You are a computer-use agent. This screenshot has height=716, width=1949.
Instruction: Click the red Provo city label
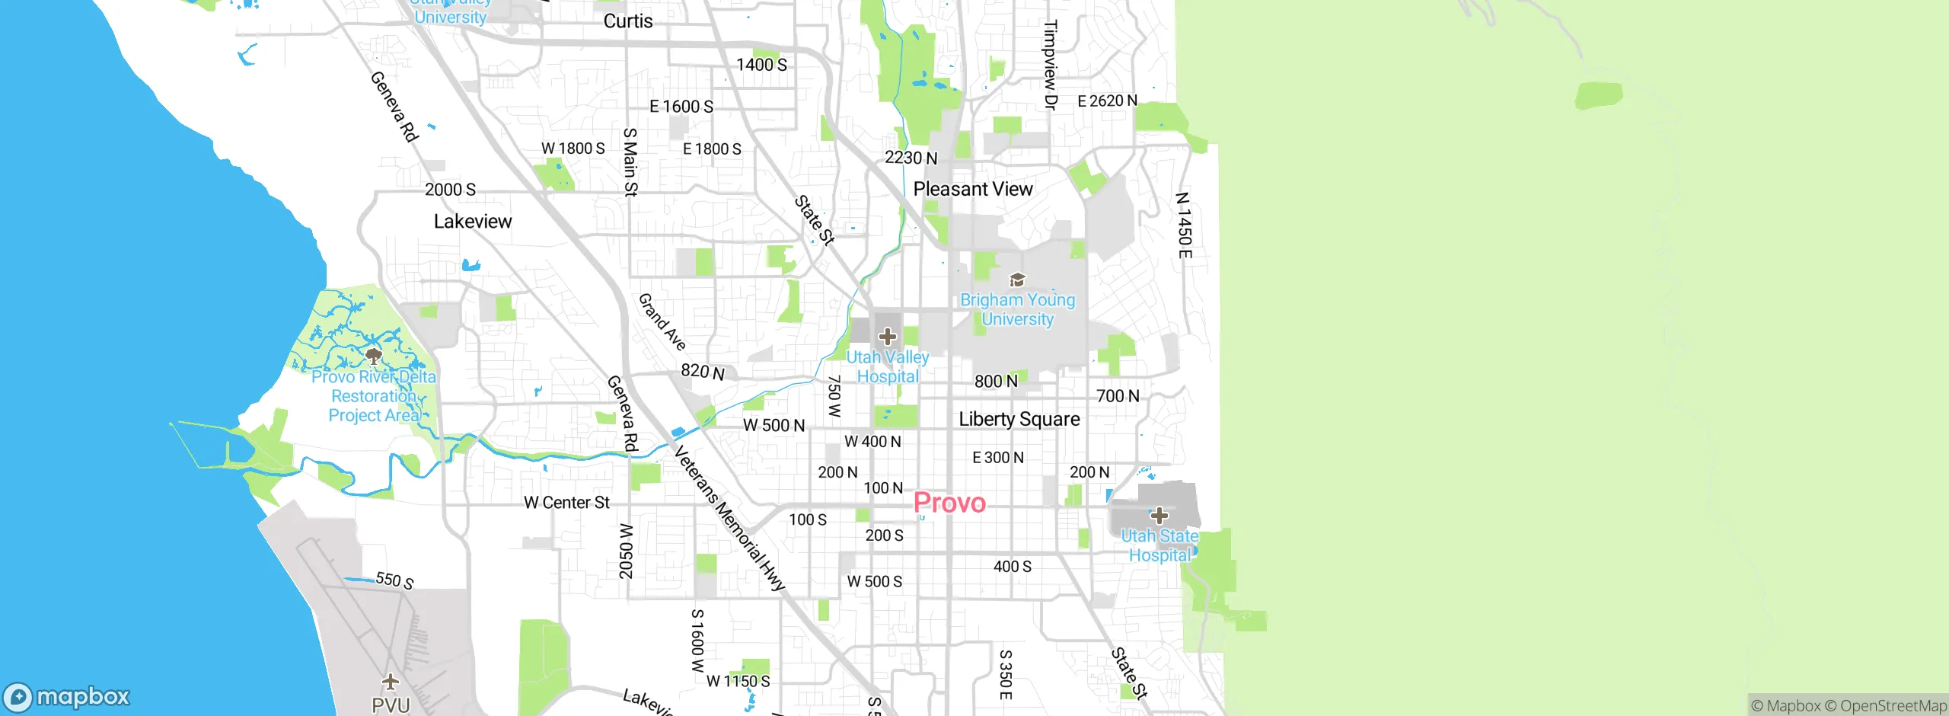pyautogui.click(x=949, y=503)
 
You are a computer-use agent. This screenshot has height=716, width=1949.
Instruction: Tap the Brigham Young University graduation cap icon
pyautogui.click(x=1016, y=280)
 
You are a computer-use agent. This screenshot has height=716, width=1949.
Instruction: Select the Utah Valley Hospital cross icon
pyautogui.click(x=887, y=336)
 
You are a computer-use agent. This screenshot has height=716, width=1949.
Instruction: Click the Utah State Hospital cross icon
pyautogui.click(x=1159, y=516)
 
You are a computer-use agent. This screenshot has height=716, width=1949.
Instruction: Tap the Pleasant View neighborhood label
pyautogui.click(x=972, y=189)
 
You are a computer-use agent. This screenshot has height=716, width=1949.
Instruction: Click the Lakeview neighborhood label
pyautogui.click(x=473, y=222)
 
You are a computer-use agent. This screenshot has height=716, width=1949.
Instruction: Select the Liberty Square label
pyautogui.click(x=1019, y=419)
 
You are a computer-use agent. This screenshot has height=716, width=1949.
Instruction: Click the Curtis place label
pyautogui.click(x=628, y=21)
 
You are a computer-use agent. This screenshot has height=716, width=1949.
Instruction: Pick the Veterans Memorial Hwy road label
pyautogui.click(x=729, y=519)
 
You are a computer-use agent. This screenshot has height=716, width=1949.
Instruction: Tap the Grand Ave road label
pyautogui.click(x=662, y=321)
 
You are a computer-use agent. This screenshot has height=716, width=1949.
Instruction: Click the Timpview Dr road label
pyautogui.click(x=1051, y=65)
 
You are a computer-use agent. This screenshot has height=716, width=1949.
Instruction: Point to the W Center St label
pyautogui.click(x=566, y=503)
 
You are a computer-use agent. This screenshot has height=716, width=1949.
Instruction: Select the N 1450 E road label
pyautogui.click(x=1183, y=225)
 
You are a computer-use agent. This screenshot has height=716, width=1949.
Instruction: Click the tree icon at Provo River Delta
pyautogui.click(x=373, y=356)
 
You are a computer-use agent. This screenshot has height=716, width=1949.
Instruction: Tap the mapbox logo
pyautogui.click(x=67, y=697)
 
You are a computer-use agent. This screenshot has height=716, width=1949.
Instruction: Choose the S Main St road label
pyautogui.click(x=630, y=162)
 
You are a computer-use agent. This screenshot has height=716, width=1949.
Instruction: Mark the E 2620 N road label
pyautogui.click(x=1107, y=101)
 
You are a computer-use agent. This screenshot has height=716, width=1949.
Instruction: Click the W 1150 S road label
pyautogui.click(x=738, y=681)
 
